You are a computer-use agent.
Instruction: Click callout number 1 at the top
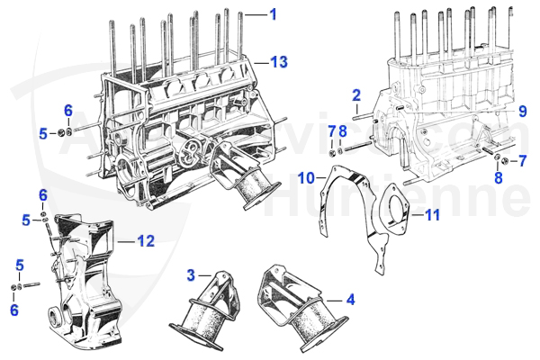(274, 14)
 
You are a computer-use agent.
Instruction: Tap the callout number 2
(356, 94)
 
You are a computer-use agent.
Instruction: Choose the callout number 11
(433, 215)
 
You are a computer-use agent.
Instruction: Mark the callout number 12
(147, 240)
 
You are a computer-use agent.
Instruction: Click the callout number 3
(191, 273)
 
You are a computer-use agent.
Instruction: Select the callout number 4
(351, 298)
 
